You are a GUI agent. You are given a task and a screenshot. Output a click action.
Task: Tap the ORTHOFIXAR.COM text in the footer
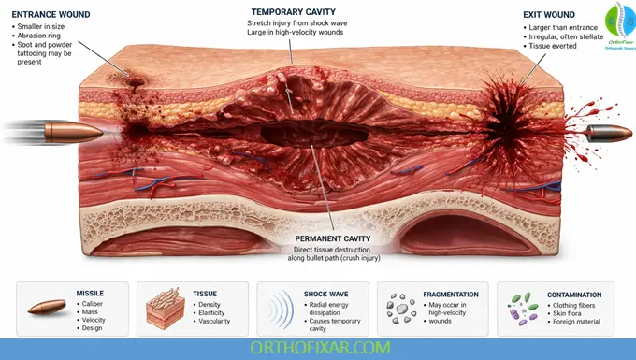(317, 348)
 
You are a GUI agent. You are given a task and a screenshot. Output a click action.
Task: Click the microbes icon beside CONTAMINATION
(521, 306)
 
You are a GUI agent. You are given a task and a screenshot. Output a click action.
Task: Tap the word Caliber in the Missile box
(94, 303)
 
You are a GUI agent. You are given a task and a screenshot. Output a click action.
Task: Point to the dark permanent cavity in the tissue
(309, 135)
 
